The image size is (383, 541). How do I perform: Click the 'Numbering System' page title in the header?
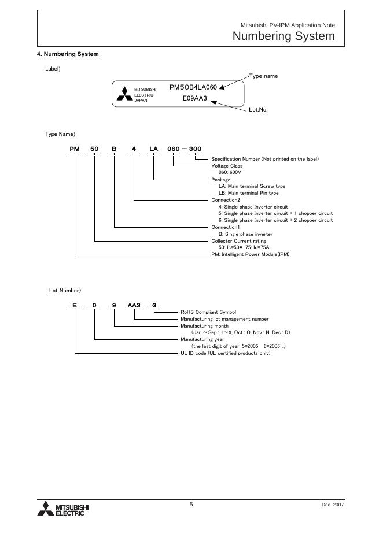tap(283, 36)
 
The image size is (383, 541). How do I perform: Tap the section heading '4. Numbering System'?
tap(68, 54)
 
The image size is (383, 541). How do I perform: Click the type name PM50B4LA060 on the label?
tap(193, 87)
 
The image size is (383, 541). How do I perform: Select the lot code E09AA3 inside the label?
tap(194, 98)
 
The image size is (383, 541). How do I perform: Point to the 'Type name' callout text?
tap(263, 76)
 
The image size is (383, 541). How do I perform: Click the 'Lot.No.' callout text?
tap(258, 109)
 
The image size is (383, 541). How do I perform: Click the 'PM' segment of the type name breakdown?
tap(74, 149)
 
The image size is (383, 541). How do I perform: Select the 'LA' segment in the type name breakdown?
tap(153, 149)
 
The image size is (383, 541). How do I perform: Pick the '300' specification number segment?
tap(195, 149)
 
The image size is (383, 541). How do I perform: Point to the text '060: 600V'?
tap(230, 172)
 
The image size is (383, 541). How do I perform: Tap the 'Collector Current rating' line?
tap(238, 240)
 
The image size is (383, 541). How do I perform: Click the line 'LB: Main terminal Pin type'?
tap(248, 193)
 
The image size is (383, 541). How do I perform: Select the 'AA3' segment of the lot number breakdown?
tap(134, 305)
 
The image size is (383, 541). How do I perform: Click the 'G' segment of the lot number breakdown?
tap(154, 305)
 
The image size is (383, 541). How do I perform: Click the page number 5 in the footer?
tap(191, 505)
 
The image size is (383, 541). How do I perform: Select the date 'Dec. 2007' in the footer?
tap(333, 505)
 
